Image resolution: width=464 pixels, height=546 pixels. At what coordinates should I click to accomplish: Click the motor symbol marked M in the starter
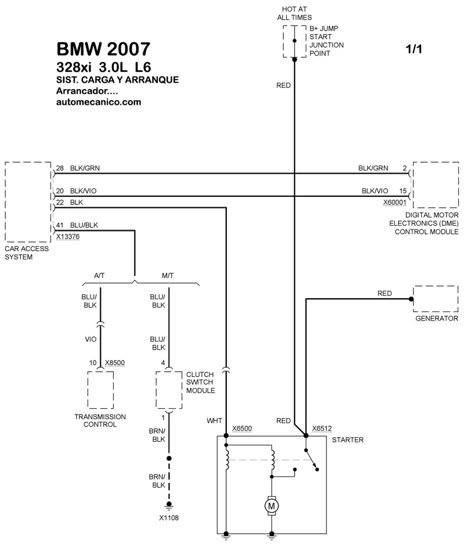tap(271, 505)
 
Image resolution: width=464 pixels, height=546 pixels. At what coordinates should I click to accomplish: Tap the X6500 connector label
tap(242, 429)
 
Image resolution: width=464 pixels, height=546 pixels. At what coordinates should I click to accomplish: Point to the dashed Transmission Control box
tap(100, 391)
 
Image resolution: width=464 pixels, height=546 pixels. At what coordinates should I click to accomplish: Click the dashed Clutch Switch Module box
tap(169, 391)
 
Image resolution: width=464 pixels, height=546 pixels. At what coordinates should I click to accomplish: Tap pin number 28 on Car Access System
tap(59, 168)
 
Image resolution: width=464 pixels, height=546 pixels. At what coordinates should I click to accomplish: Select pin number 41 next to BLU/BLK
tap(59, 226)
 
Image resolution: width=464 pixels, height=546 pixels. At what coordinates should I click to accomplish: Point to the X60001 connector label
tap(394, 203)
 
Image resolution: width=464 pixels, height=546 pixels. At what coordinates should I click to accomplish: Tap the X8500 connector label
tap(115, 363)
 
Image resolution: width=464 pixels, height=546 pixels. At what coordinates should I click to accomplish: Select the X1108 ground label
tap(169, 517)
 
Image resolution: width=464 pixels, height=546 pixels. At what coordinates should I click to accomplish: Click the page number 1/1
tap(414, 50)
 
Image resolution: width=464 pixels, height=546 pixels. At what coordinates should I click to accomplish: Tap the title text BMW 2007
tap(103, 49)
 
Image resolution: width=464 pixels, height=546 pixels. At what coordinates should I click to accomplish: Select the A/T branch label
tap(99, 276)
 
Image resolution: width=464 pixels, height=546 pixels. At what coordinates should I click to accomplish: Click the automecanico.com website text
tap(99, 102)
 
